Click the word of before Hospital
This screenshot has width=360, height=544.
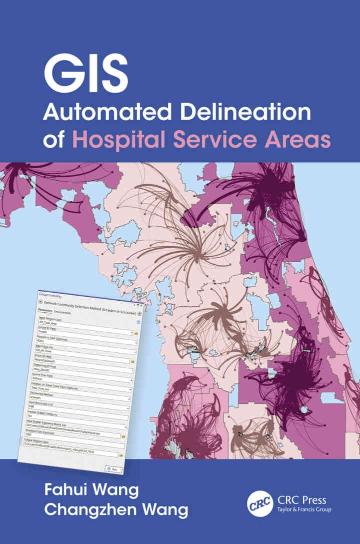click(53, 139)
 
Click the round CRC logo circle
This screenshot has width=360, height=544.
click(260, 502)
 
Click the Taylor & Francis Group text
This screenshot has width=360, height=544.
click(303, 509)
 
